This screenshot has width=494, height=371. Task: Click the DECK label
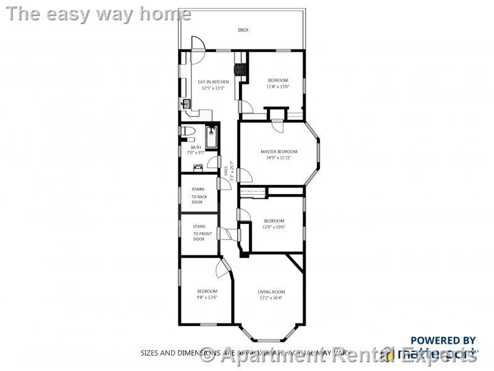point(243,30)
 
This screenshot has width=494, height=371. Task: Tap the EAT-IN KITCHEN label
point(213,82)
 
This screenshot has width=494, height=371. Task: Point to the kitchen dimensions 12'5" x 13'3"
point(213,88)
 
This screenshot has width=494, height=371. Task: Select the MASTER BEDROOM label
point(278,151)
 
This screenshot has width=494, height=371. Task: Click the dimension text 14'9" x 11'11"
point(278,158)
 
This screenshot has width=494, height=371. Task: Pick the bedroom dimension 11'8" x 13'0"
point(277,87)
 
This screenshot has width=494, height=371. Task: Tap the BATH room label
point(195,147)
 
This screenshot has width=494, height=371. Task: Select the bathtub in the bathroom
point(212,137)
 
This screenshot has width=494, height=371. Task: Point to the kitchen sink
point(186,104)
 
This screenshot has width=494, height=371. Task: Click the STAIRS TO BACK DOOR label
point(198,195)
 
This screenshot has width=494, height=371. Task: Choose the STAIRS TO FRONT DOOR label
point(199,232)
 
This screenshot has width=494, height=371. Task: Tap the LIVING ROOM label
point(271,292)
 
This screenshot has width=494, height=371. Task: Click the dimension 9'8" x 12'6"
point(207,297)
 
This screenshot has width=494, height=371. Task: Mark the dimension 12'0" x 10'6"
point(274,227)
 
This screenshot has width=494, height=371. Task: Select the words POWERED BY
point(443,340)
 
